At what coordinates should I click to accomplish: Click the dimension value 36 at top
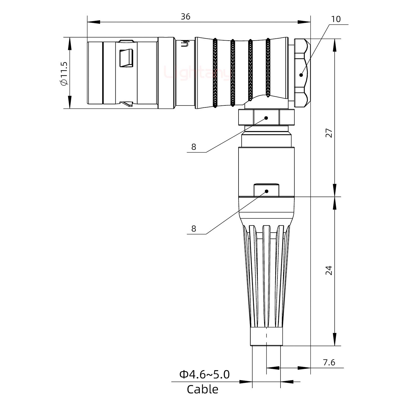tap(185, 17)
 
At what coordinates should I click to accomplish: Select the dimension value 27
tap(329, 133)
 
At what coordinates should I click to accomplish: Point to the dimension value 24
tap(329, 270)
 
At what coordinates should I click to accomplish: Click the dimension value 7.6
tap(329, 362)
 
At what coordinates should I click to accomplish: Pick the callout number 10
tap(336, 19)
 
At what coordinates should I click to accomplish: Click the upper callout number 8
tap(193, 147)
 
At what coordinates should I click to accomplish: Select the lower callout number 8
tap(193, 229)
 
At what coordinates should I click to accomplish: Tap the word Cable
tap(202, 389)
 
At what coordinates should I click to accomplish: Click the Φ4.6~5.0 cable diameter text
tap(204, 374)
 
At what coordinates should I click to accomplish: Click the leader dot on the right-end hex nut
tap(301, 75)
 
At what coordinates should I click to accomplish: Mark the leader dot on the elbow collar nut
tap(266, 118)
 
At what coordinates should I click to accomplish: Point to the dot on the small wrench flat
tap(266, 191)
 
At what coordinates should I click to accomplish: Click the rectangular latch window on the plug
tap(126, 58)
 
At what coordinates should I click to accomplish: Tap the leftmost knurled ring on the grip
tap(215, 73)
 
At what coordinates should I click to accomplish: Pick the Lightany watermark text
tap(197, 73)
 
